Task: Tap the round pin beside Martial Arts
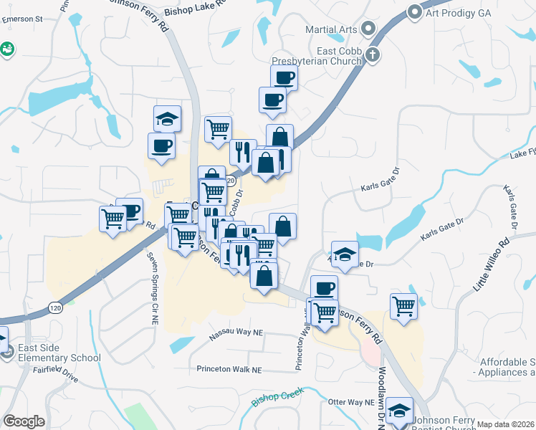tap(369, 29)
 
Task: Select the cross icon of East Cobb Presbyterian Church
tap(372, 54)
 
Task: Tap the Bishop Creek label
tap(278, 396)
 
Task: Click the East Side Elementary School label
tap(59, 352)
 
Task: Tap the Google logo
tap(24, 421)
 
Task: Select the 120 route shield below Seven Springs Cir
tap(55, 307)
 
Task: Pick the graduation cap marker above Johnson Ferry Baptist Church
tap(399, 411)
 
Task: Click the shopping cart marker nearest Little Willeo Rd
tap(404, 305)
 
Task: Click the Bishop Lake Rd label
tap(193, 11)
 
